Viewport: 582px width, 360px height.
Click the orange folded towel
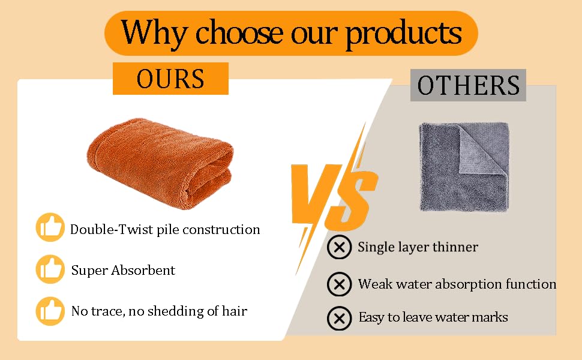click(160, 163)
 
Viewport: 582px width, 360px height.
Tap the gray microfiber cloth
click(464, 167)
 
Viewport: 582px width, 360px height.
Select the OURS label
click(170, 79)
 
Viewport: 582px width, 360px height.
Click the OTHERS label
click(468, 85)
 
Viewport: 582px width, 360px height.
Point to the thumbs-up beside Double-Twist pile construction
click(50, 227)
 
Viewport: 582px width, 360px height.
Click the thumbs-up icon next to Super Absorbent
click(50, 269)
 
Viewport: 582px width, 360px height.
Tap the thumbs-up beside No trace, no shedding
click(50, 311)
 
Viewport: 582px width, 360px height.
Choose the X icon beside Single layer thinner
click(339, 247)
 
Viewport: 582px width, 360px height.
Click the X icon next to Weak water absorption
click(339, 284)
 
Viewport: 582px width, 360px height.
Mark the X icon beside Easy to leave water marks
click(339, 319)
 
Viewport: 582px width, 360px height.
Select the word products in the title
click(404, 34)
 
